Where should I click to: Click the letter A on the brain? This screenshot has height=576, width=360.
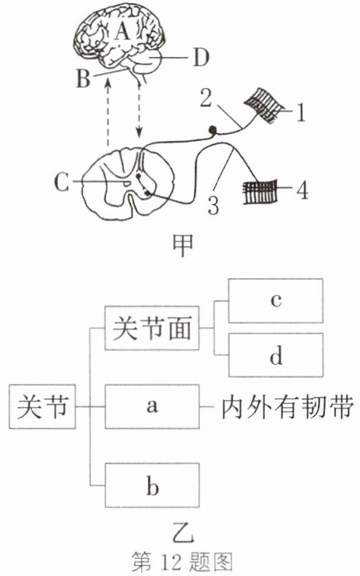(x=122, y=30)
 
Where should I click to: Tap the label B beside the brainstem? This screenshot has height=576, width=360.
(x=83, y=78)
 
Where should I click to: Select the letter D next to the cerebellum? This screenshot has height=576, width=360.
(x=201, y=58)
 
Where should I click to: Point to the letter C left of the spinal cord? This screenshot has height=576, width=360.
(x=62, y=182)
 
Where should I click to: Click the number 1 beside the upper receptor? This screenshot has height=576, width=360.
(x=301, y=112)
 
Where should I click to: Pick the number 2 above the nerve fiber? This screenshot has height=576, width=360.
(x=206, y=98)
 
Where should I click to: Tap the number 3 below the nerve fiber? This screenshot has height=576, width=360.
(x=214, y=205)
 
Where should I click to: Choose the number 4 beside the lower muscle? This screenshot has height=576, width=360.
(x=302, y=190)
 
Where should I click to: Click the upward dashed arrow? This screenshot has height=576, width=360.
(x=108, y=113)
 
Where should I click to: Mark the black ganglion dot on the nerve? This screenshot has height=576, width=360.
(x=212, y=129)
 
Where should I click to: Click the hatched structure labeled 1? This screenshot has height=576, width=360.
(x=265, y=105)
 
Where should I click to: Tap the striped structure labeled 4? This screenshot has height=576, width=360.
(x=259, y=191)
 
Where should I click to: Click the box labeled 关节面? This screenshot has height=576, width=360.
(x=152, y=327)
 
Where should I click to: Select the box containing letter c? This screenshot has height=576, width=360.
(x=276, y=301)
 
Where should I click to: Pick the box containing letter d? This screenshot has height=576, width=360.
(x=276, y=355)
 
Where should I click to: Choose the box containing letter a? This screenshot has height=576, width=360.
(x=152, y=406)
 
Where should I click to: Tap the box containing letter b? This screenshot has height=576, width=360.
(x=153, y=486)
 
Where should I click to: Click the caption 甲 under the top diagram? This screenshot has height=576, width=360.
(x=182, y=245)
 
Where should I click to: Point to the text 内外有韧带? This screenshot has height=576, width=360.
(x=288, y=407)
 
